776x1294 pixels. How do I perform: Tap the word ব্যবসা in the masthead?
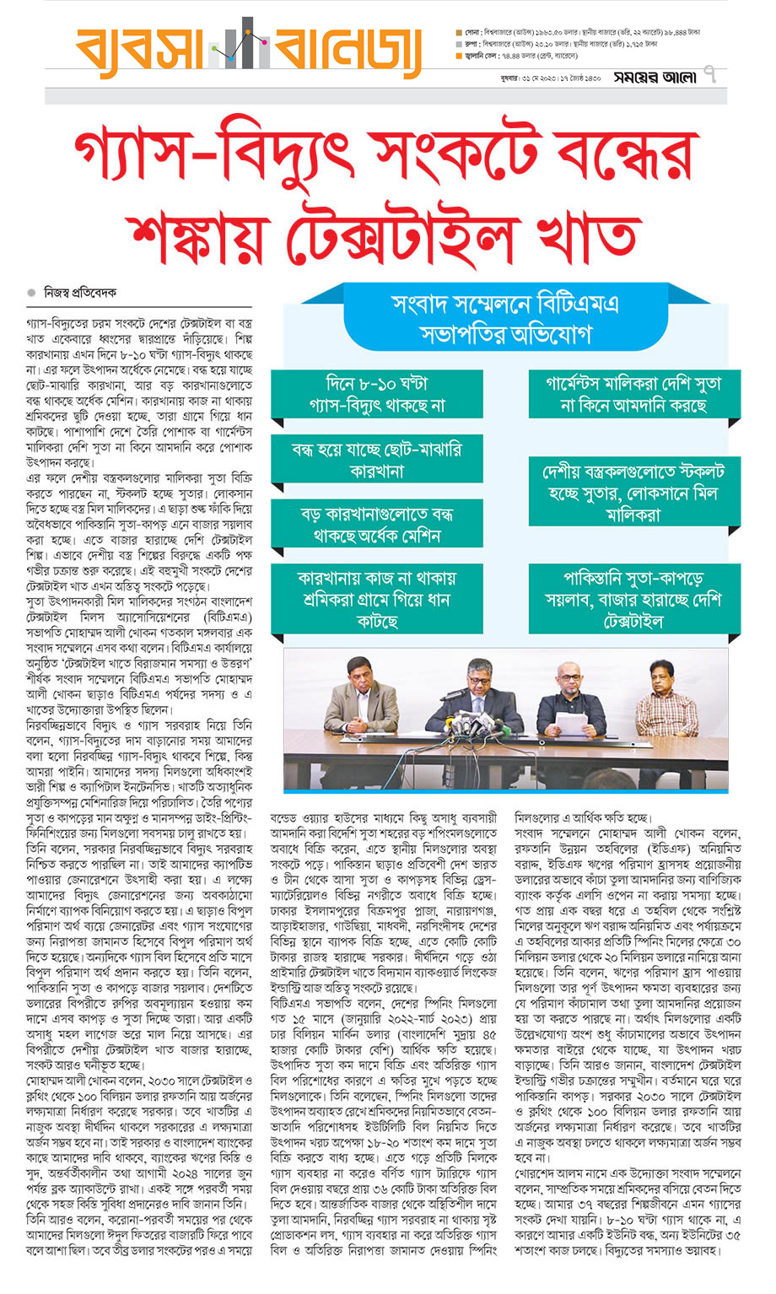point(140,53)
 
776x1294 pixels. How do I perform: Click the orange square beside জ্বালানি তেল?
point(458,56)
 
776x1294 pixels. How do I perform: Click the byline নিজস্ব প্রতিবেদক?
point(81,293)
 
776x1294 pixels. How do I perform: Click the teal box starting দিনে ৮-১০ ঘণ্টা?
point(376,394)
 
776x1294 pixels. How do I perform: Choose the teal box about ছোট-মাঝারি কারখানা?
point(376,460)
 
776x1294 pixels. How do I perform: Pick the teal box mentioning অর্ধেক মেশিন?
point(376,524)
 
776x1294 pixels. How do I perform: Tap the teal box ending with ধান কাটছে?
point(376,599)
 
